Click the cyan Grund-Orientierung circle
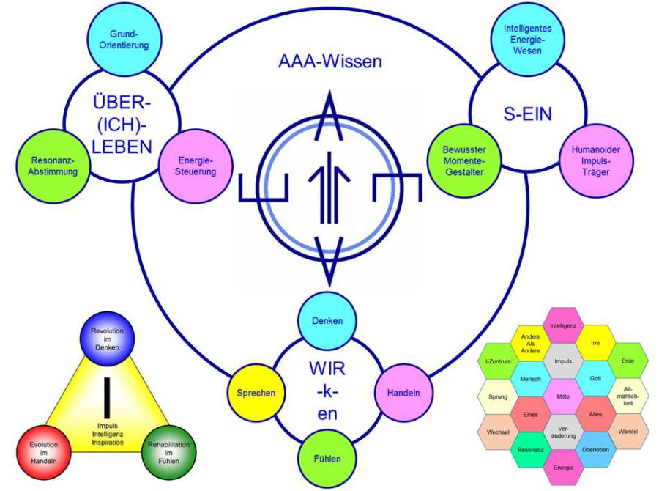(x=119, y=40)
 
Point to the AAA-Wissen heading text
(x=329, y=62)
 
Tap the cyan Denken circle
(x=327, y=321)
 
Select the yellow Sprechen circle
(x=255, y=393)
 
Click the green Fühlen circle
(x=327, y=459)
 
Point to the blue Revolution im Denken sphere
(x=107, y=338)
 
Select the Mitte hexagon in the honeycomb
(x=562, y=396)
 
